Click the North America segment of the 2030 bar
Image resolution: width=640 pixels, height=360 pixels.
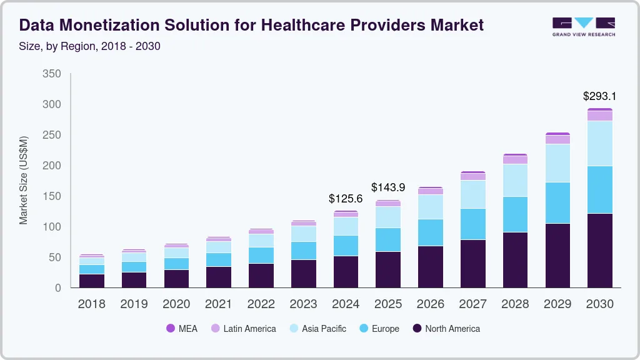(x=599, y=250)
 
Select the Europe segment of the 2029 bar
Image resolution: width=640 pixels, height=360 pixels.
(x=557, y=202)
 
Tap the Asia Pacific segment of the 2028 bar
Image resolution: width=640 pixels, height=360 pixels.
(x=515, y=180)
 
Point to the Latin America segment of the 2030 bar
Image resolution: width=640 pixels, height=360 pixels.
(x=599, y=116)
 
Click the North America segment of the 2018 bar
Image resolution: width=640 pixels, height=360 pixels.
(x=92, y=281)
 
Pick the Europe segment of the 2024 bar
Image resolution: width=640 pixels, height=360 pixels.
(x=346, y=246)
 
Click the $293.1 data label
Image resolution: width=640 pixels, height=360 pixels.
(x=599, y=96)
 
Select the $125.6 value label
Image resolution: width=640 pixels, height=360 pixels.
(x=346, y=199)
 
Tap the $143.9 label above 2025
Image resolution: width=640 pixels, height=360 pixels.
(x=388, y=187)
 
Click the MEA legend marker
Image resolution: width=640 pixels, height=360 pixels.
(x=171, y=329)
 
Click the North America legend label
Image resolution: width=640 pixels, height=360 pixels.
(x=452, y=329)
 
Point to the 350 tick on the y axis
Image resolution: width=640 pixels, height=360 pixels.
(x=52, y=74)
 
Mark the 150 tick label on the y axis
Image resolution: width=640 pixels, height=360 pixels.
(x=52, y=196)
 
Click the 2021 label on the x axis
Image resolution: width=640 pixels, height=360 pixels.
(x=219, y=304)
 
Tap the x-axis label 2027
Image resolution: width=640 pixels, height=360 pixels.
(x=472, y=304)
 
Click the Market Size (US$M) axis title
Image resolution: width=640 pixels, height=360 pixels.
(x=24, y=180)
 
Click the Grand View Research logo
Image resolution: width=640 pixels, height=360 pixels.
(x=583, y=26)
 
